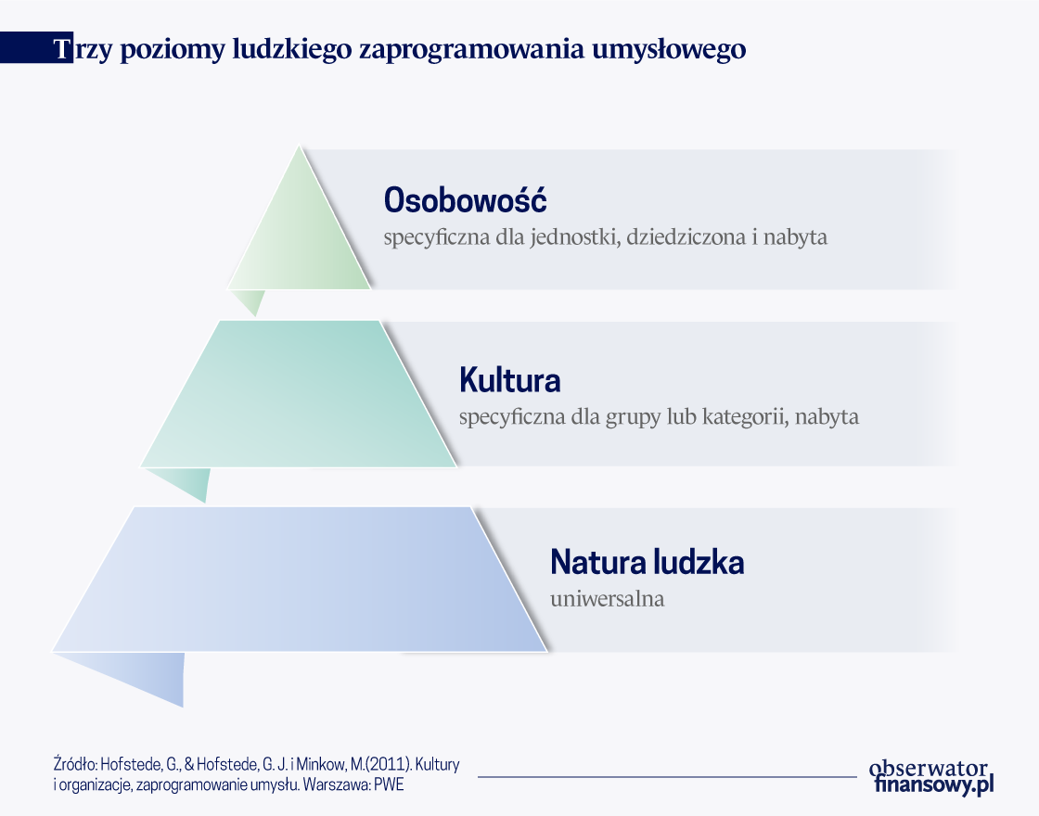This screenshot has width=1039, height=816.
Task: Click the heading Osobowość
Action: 465,199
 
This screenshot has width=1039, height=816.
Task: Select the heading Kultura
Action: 510,380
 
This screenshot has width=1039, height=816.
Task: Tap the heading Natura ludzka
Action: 648,562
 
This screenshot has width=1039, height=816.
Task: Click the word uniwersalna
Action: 607,599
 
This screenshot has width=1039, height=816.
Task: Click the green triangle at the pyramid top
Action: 300,238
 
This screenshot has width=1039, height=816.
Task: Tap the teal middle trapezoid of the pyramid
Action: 298,394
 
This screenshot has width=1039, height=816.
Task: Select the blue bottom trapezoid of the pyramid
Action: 301,580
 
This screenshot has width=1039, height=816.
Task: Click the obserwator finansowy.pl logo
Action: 931,777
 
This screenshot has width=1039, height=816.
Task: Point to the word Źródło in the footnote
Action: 75,764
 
